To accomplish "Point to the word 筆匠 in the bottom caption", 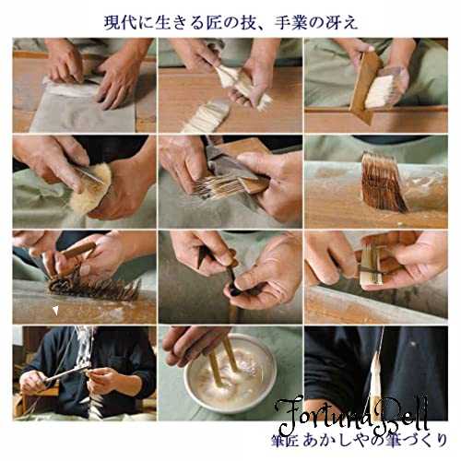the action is [284, 441].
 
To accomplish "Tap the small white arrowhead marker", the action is [55, 311].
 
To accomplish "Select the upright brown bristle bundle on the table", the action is [383, 182].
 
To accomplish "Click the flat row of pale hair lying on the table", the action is [206, 116].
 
